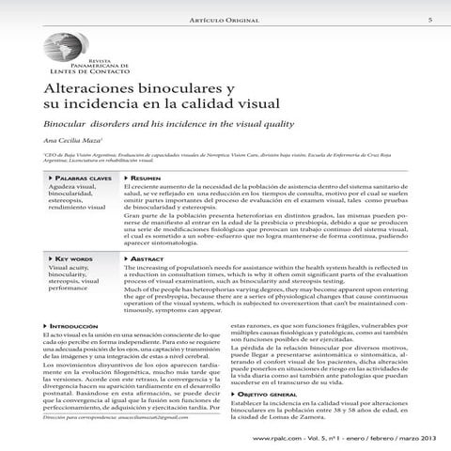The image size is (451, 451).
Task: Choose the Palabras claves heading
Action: (x=81, y=178)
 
